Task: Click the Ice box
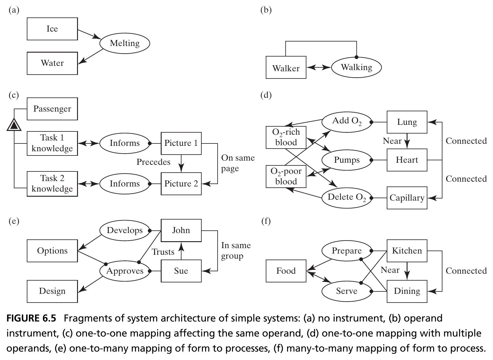click(x=52, y=29)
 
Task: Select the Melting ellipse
click(x=125, y=43)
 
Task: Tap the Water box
click(x=52, y=63)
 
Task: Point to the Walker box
click(x=286, y=67)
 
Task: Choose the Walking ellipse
click(x=357, y=67)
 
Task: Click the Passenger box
click(x=52, y=109)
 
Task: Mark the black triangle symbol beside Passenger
click(x=14, y=125)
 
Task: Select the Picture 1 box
click(x=181, y=143)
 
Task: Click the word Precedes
click(x=153, y=162)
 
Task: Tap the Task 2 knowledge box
click(x=52, y=184)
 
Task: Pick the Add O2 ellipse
click(x=347, y=122)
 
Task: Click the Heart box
click(x=407, y=160)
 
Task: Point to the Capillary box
click(x=407, y=198)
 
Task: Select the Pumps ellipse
click(x=347, y=160)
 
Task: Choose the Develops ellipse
click(x=125, y=230)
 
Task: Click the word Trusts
click(x=163, y=252)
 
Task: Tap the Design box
click(x=52, y=291)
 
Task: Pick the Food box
click(x=286, y=271)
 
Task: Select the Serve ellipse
click(x=347, y=291)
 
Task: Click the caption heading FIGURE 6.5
click(x=31, y=318)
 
